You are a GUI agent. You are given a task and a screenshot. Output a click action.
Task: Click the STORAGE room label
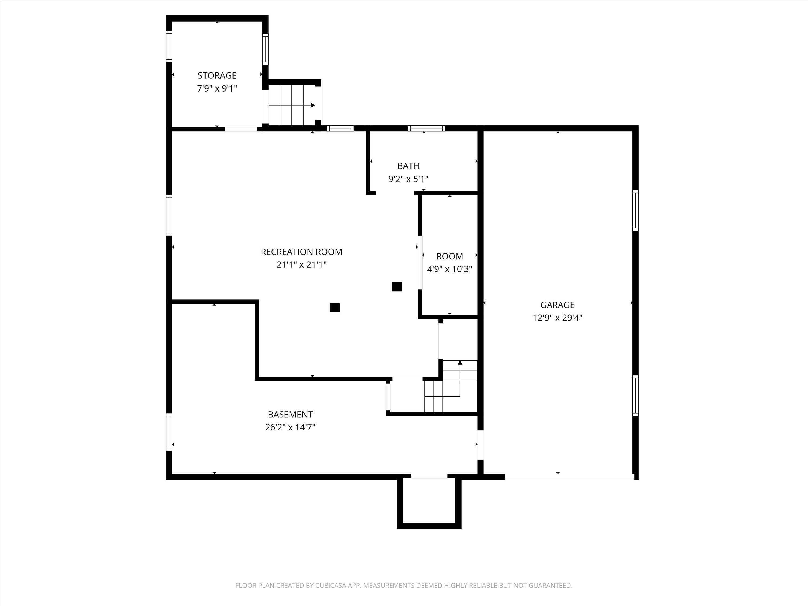pos(217,76)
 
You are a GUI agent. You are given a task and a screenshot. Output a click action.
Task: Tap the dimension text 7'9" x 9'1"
pos(217,88)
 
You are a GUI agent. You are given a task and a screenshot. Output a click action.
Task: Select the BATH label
pos(408,166)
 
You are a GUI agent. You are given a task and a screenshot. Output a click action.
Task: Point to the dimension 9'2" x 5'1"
pos(408,179)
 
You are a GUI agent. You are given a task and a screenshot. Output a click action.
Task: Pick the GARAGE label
pos(557,305)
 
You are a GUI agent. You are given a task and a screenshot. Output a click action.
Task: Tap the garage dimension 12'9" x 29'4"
pos(557,318)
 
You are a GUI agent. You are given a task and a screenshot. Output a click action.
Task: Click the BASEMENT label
pos(290,414)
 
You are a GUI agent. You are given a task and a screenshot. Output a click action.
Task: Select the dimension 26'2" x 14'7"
pos(290,427)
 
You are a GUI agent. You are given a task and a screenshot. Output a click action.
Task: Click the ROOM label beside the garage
pos(449,256)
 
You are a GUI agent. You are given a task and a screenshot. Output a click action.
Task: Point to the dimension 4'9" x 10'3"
pos(449,269)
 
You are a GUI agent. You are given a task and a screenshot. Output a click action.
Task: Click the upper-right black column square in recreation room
pos(397,287)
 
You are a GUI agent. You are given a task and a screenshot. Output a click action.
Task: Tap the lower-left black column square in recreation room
pos(335,308)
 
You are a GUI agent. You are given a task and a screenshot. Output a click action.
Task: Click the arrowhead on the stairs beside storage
pos(313,105)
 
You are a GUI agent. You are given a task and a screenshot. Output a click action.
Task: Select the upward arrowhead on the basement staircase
pos(460,363)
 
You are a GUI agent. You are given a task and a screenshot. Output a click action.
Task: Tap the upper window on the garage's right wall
pos(635,210)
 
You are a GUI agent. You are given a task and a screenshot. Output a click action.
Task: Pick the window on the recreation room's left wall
pos(169,215)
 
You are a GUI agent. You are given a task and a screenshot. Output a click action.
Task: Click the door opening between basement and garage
pos(480,445)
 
